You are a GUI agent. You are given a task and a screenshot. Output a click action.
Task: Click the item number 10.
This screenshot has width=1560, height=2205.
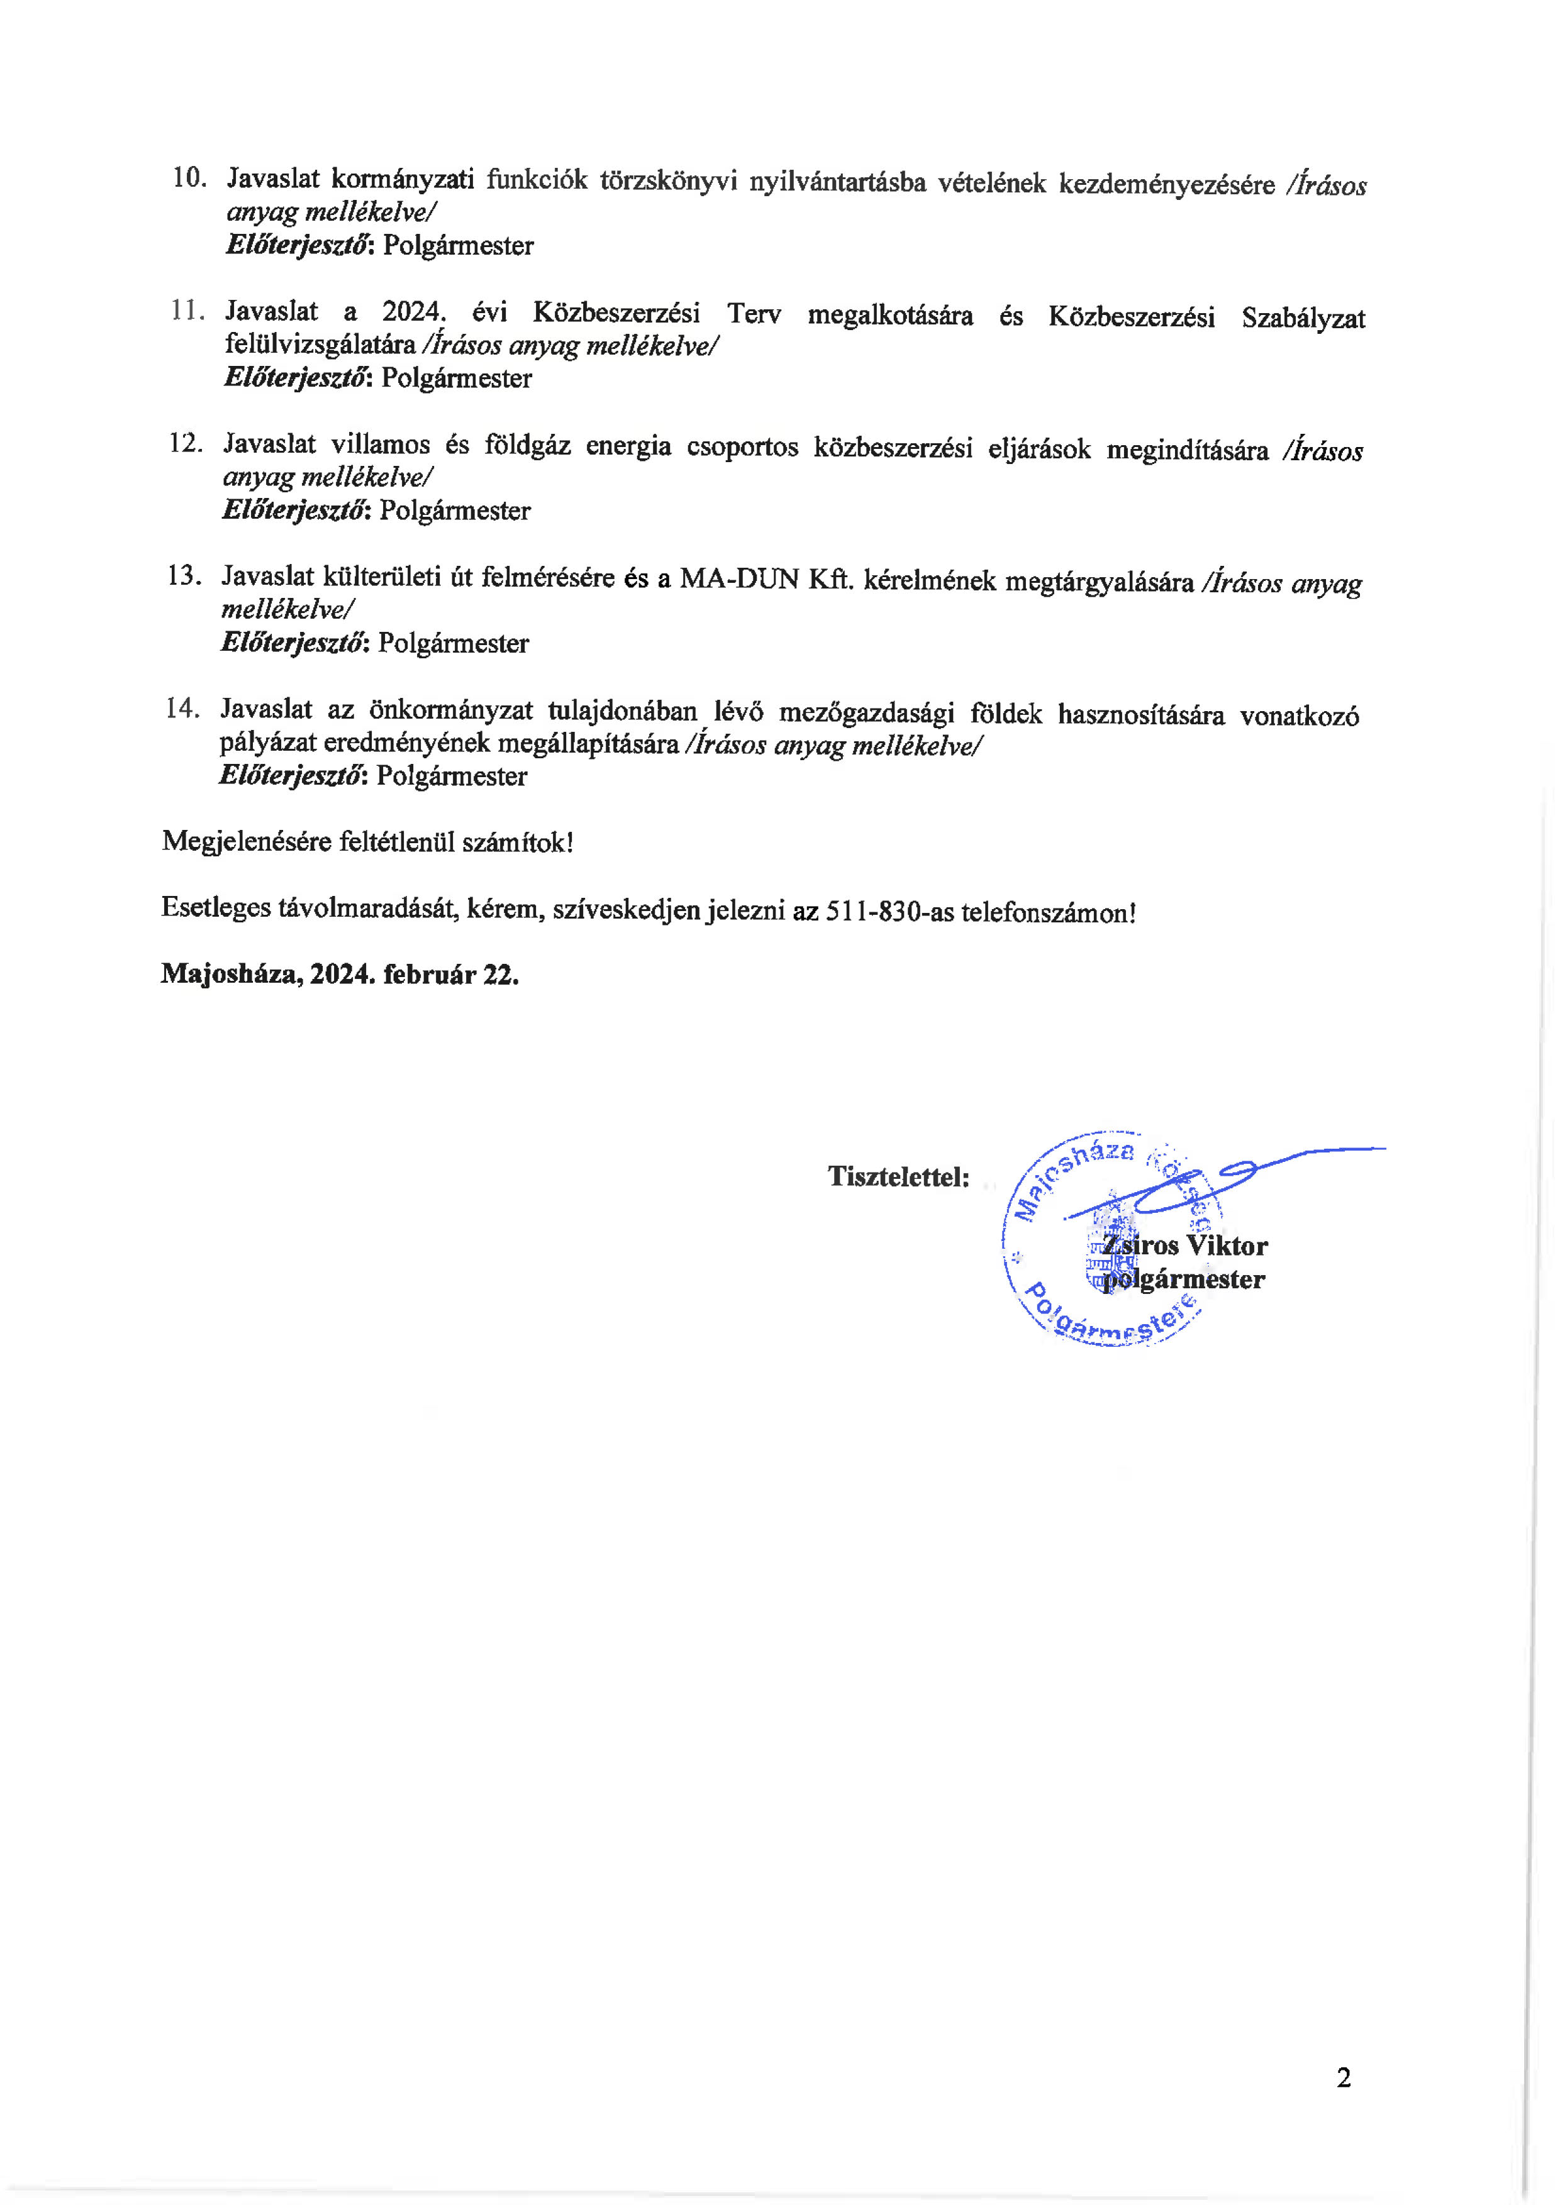coord(189,178)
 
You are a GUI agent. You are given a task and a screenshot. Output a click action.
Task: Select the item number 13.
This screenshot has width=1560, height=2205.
coord(184,575)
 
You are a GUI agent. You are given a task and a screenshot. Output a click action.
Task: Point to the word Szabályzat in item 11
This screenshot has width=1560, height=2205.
coord(1303,318)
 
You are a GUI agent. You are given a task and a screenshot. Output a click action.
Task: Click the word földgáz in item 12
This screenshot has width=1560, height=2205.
coord(527,446)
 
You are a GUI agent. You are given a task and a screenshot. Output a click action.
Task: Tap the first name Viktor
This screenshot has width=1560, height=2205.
coord(1227,1246)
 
